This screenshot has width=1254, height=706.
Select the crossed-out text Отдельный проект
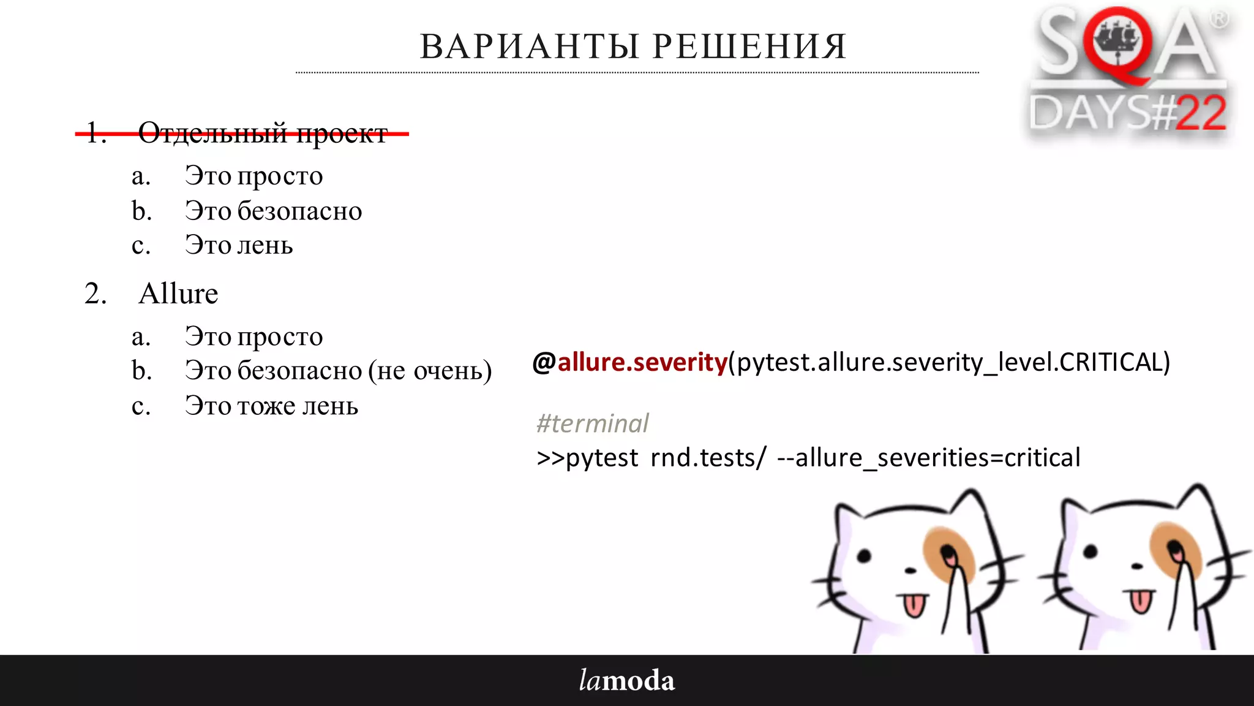[263, 132]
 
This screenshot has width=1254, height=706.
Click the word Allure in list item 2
[178, 294]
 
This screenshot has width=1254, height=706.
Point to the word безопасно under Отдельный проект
[299, 211]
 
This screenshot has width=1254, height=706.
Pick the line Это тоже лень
[271, 406]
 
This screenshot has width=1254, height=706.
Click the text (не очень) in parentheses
[430, 371]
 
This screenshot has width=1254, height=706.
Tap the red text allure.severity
[642, 362]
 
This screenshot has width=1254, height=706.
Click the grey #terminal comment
[592, 423]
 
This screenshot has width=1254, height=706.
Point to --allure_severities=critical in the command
[929, 458]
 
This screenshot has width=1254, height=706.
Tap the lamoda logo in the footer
[627, 680]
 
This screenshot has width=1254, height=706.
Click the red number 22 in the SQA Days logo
[1201, 113]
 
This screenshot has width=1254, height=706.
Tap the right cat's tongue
[1140, 601]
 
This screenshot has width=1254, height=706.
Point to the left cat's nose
[910, 571]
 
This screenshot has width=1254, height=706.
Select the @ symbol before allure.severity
[544, 362]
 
